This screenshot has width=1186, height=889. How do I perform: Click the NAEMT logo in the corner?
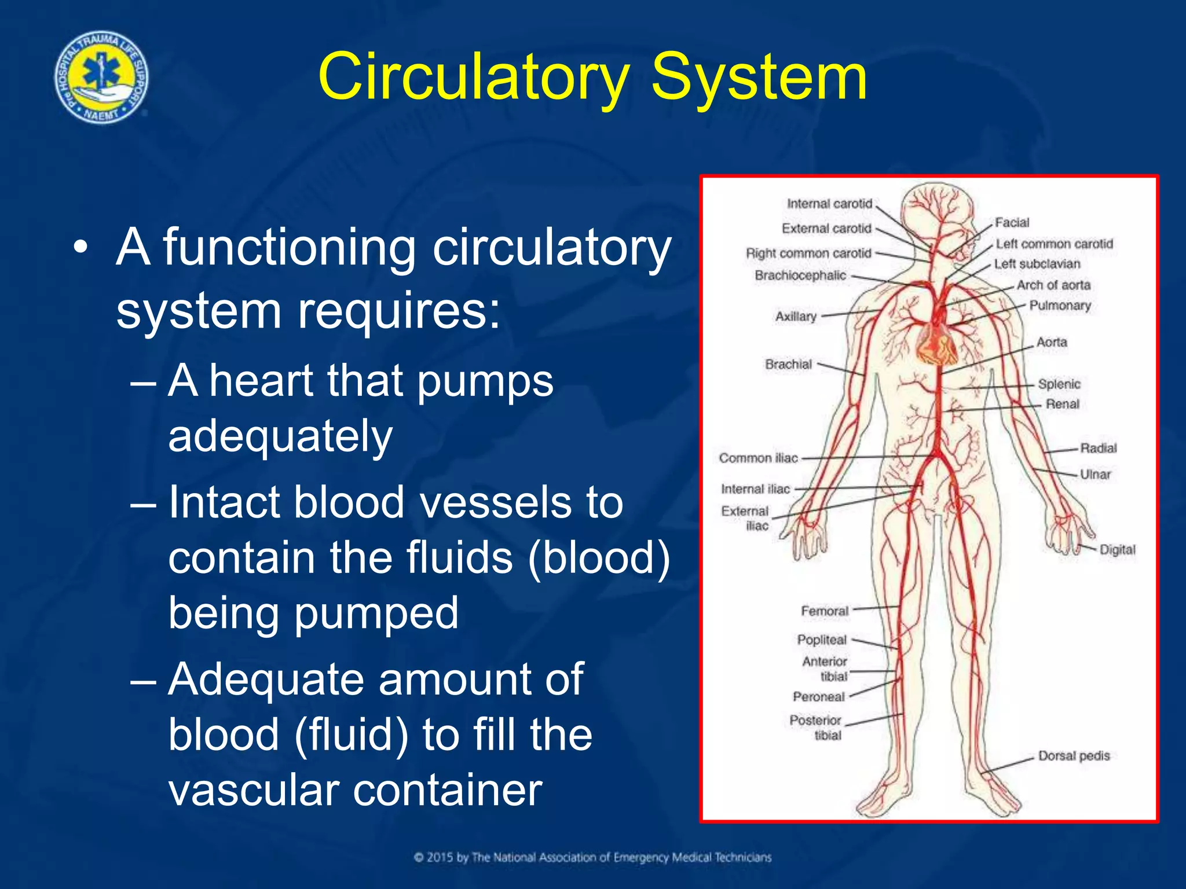click(101, 77)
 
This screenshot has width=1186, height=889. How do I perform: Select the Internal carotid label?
click(829, 204)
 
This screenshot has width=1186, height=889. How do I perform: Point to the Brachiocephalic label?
click(800, 275)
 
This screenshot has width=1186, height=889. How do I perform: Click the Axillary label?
click(796, 317)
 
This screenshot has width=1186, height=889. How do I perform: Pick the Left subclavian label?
click(1037, 264)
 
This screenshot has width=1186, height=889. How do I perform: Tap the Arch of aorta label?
click(1053, 285)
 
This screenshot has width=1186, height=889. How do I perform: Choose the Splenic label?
click(1059, 384)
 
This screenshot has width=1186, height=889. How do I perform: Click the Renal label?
click(1062, 404)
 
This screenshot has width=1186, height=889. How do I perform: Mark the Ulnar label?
click(1095, 474)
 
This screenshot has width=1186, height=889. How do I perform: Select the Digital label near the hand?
click(1117, 550)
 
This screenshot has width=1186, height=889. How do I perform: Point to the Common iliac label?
click(758, 458)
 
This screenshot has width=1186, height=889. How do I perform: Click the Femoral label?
click(825, 611)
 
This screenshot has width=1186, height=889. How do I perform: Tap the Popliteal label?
click(822, 640)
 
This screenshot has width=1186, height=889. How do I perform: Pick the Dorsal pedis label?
click(1074, 756)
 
